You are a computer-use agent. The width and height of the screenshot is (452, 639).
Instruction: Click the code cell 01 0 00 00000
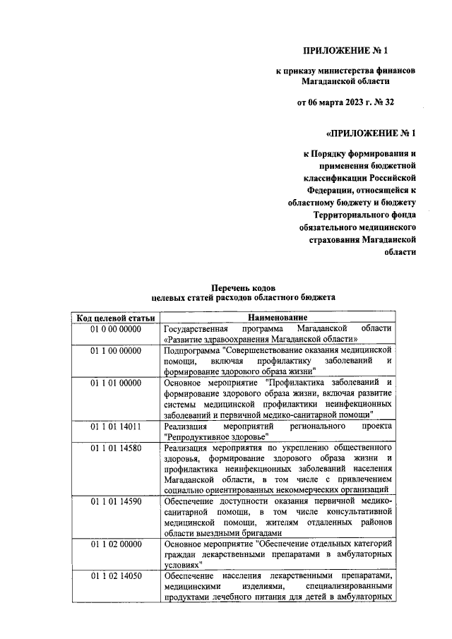point(116,329)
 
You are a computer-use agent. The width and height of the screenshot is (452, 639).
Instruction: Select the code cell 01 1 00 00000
point(116,350)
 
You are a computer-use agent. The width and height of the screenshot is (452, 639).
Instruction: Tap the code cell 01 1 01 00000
point(116,383)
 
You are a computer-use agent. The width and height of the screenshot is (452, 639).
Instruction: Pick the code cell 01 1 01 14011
point(116,427)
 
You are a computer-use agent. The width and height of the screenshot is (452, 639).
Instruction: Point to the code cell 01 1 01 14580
point(116,448)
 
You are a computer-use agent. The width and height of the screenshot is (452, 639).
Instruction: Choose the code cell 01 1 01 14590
point(116,501)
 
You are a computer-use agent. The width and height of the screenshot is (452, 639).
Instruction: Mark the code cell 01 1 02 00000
point(116,545)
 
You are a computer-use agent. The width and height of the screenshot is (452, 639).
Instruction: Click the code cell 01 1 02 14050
point(116,576)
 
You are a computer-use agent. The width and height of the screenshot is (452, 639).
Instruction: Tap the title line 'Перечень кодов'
point(245,288)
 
